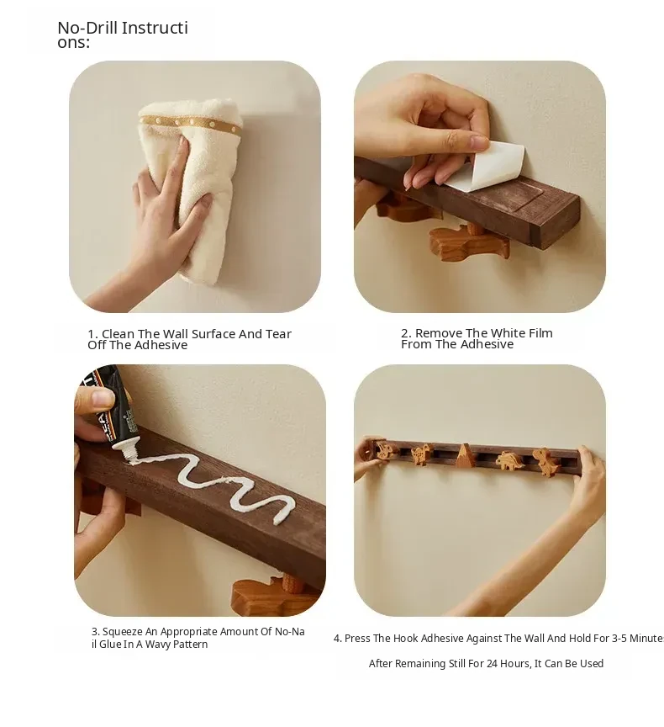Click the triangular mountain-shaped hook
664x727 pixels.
pos(464,455)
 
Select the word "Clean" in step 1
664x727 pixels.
pos(118,334)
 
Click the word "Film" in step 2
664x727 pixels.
pos(540,333)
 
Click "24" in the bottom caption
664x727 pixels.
pos(492,664)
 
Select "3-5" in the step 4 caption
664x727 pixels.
pos(619,638)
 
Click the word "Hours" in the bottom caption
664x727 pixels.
pos(515,664)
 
